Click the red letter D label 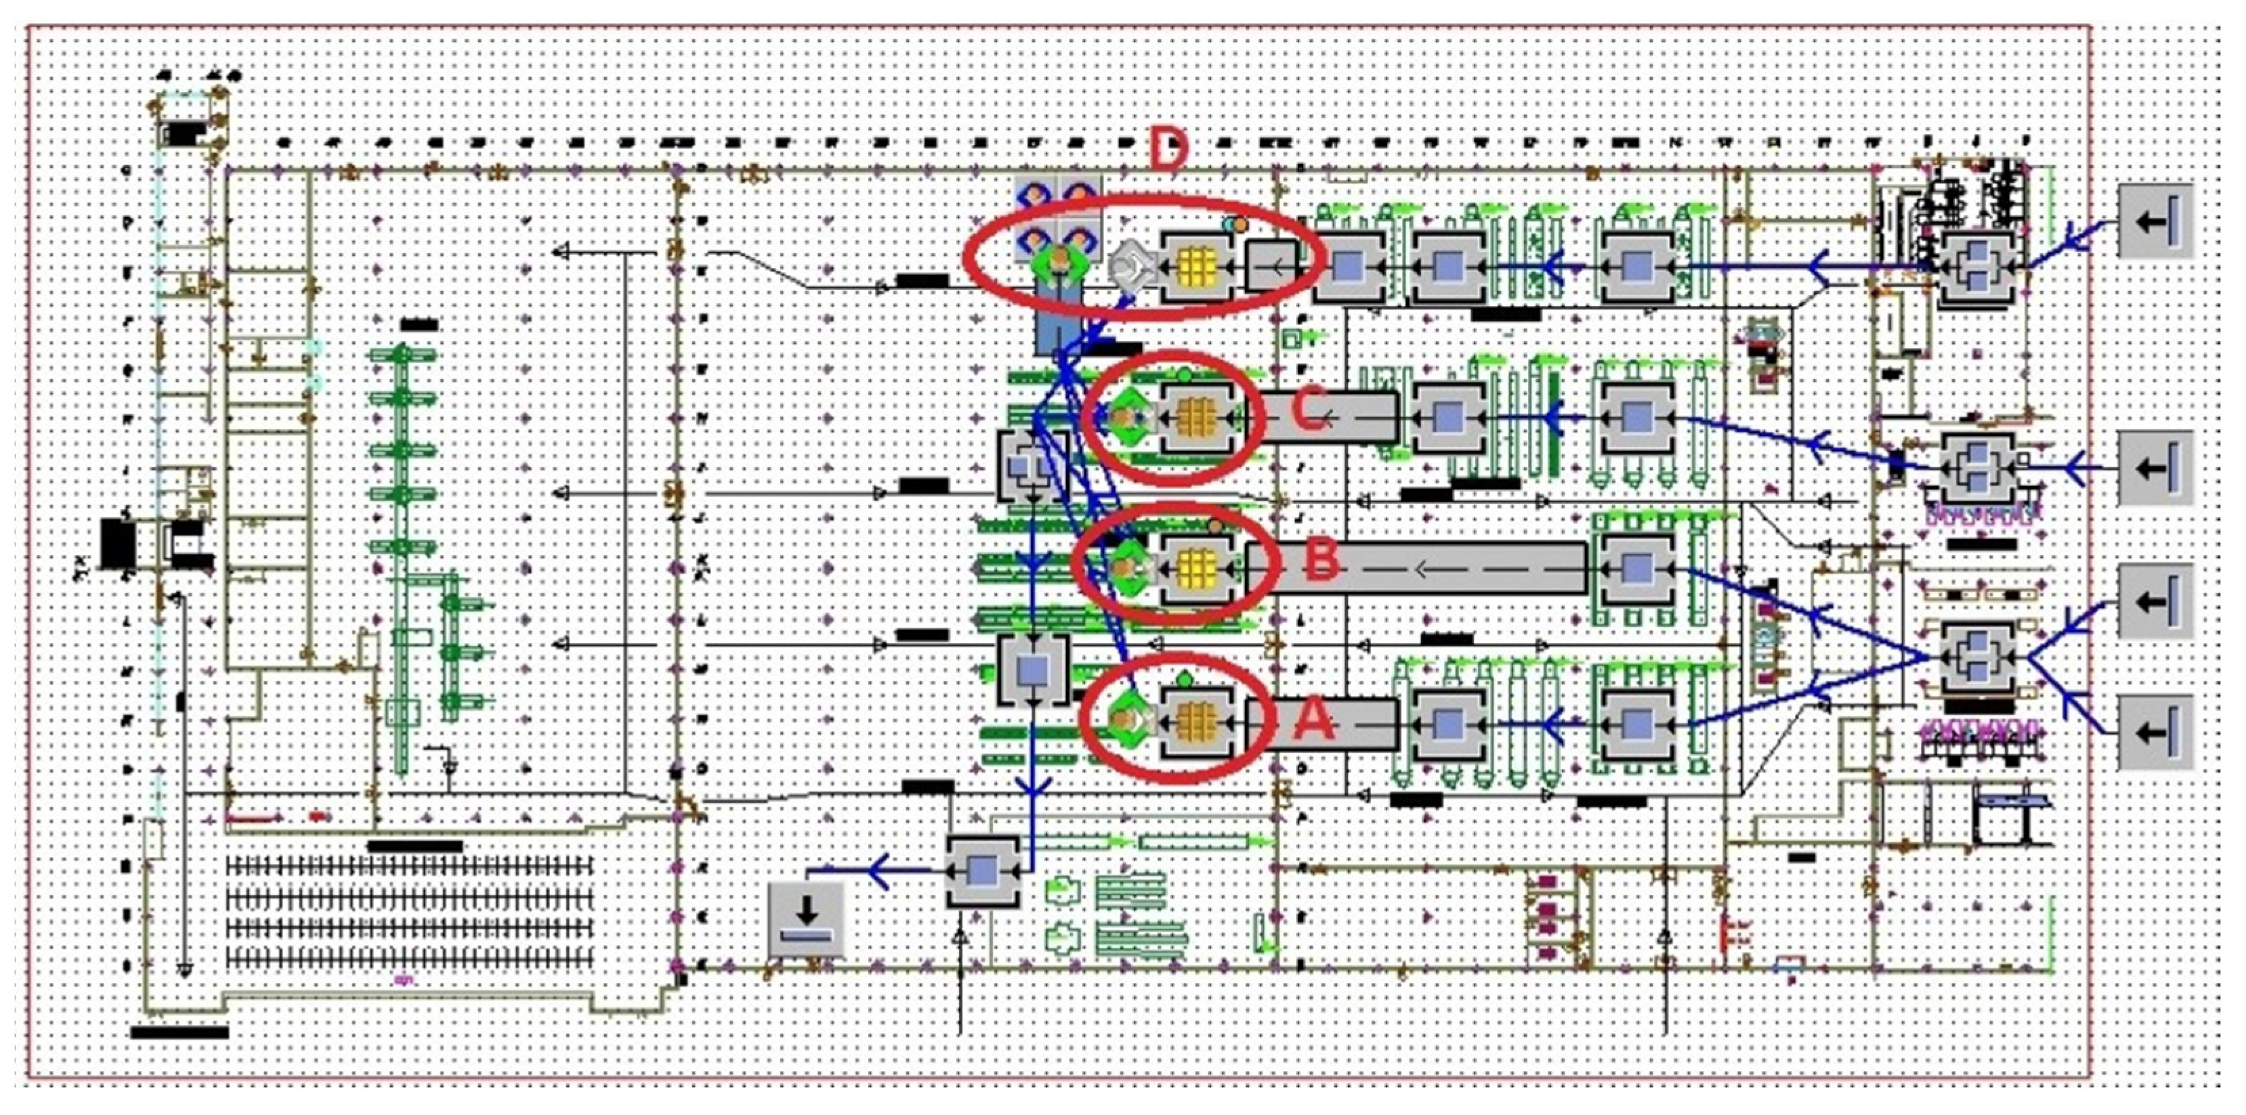tap(1168, 150)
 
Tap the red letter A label tap(1317, 722)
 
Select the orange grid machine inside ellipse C tap(1197, 418)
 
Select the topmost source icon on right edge tap(2155, 221)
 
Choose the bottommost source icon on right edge tap(2155, 733)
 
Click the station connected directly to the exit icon tap(983, 871)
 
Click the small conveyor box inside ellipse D tap(1271, 266)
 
